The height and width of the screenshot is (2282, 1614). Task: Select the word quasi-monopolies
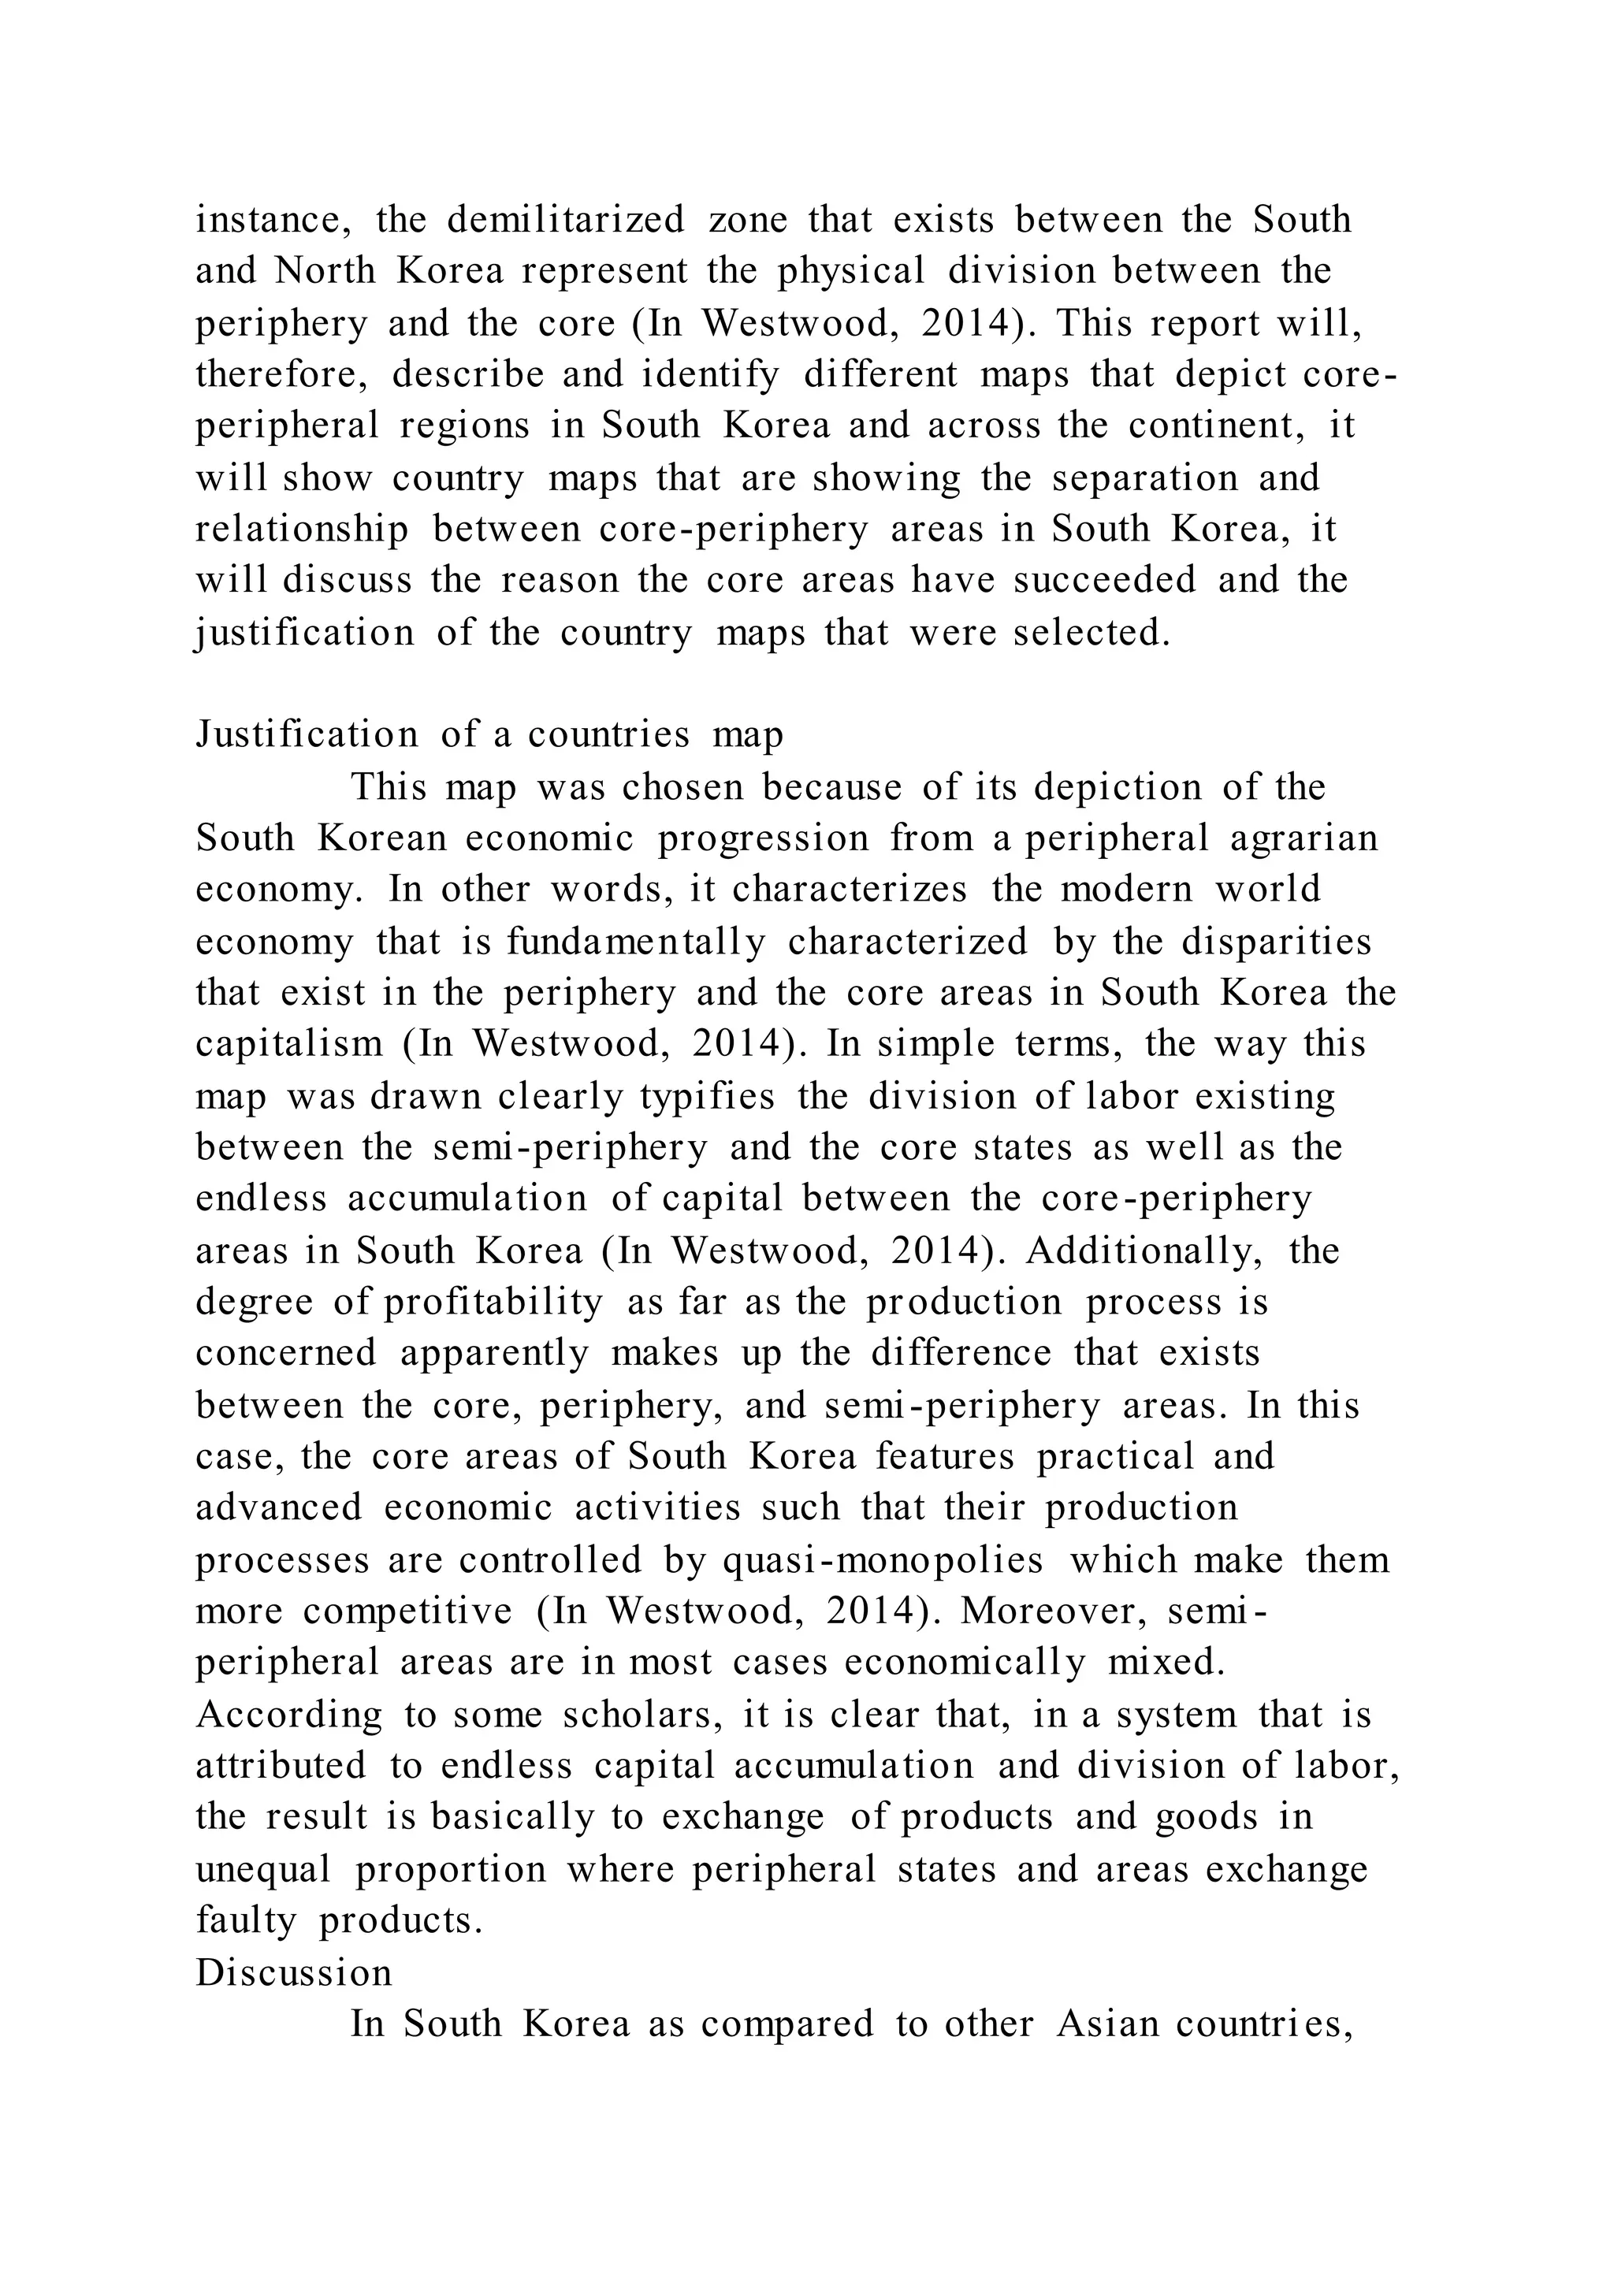[x=883, y=1560]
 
